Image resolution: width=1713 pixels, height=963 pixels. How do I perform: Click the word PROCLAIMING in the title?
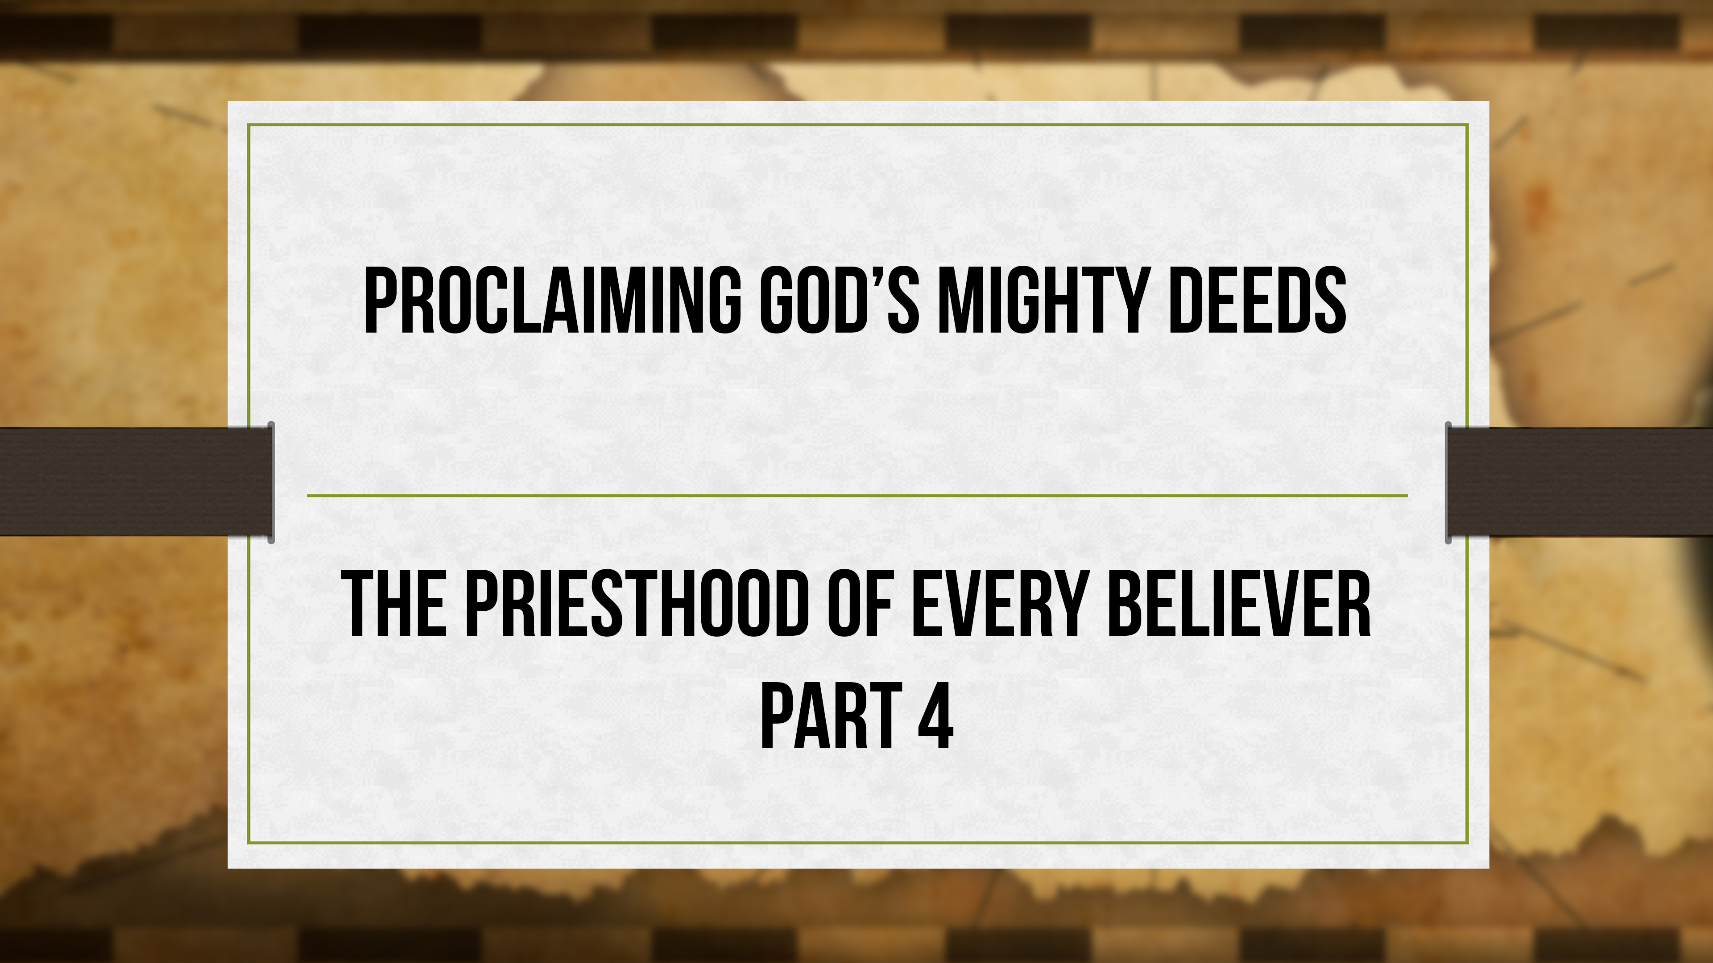[552, 300]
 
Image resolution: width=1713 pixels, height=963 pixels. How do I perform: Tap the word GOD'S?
[839, 300]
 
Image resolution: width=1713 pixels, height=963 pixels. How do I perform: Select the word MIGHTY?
[1043, 300]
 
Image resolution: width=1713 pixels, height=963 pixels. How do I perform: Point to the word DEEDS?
[1257, 300]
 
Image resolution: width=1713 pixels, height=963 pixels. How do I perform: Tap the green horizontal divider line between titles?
[856, 495]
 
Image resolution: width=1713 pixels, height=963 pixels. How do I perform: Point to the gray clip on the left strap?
[271, 482]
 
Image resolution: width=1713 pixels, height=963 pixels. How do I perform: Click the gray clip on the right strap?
[1448, 482]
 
